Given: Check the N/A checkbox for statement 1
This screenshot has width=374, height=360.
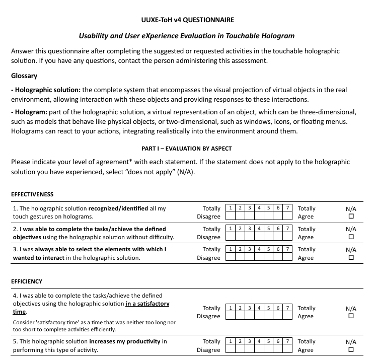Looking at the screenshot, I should tap(351, 217).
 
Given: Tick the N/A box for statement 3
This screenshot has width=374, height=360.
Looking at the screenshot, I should tap(351, 258).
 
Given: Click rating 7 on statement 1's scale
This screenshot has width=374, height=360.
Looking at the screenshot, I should tap(287, 217).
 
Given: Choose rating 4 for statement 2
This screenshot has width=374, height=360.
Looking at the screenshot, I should tap(259, 237).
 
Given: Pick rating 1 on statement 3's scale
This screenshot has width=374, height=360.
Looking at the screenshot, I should tap(230, 257).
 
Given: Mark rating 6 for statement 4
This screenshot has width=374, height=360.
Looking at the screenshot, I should tap(278, 316).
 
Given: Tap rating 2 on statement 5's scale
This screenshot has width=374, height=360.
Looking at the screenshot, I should tap(240, 349).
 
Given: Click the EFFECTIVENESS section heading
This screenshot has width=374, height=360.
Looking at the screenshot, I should tap(32, 194).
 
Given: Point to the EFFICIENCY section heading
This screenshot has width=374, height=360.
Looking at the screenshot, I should tap(27, 281).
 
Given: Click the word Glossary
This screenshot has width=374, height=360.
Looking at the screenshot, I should tap(24, 76).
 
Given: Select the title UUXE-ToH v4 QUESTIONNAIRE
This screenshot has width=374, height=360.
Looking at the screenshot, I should tap(187, 20).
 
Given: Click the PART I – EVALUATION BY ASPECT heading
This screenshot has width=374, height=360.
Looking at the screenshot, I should tap(187, 149).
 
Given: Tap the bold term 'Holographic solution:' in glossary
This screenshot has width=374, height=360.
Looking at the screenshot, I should tap(47, 90).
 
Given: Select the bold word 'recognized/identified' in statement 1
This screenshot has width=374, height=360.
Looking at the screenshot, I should tap(118, 208).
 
